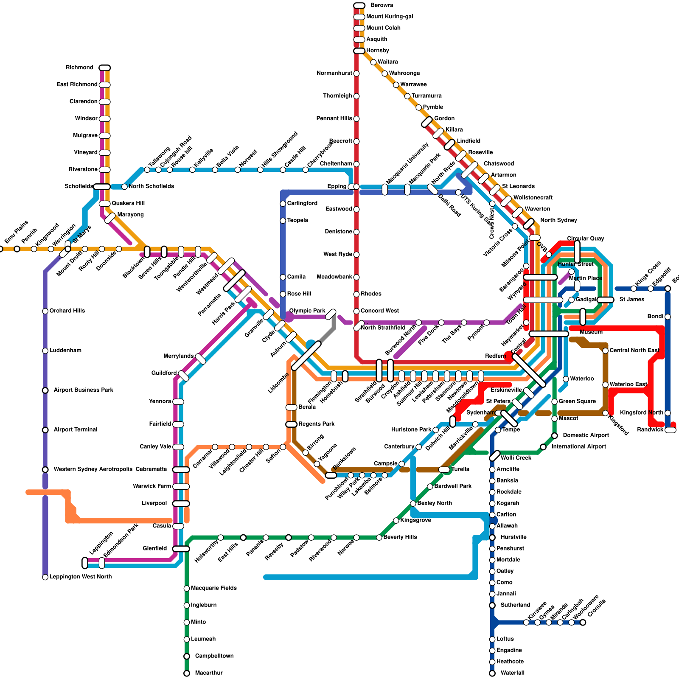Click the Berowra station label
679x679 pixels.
click(x=382, y=6)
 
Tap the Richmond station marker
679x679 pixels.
click(x=104, y=68)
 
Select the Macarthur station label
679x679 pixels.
click(x=208, y=673)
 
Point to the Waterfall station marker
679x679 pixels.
click(x=492, y=673)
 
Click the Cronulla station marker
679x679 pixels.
click(x=583, y=623)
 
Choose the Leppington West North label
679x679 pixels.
click(x=80, y=577)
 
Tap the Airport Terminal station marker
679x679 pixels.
click(x=45, y=430)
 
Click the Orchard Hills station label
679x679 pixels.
click(x=67, y=311)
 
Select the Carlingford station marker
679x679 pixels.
click(x=283, y=204)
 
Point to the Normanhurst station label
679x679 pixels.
click(x=334, y=73)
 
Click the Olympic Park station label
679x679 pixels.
click(x=307, y=311)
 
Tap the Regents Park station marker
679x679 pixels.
click(x=291, y=424)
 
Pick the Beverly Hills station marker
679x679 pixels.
click(x=379, y=538)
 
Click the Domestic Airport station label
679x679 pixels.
click(x=586, y=435)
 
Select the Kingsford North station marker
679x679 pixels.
click(x=668, y=413)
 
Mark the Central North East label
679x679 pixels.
click(x=634, y=351)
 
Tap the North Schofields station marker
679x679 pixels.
click(x=124, y=187)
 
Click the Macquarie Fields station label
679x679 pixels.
click(x=213, y=588)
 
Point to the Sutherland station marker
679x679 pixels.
click(x=492, y=605)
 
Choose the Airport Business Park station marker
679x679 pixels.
click(x=45, y=390)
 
